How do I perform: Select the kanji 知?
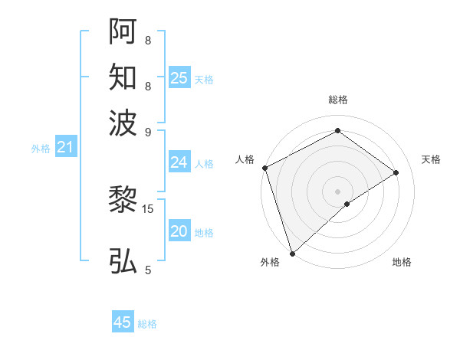pos(123,77)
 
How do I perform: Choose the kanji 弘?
pos(123,260)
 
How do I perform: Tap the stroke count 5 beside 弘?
pos(148,270)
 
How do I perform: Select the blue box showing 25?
pos(179,78)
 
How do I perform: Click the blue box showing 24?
pos(179,162)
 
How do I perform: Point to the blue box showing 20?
pos(179,232)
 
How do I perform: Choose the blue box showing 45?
pos(123,322)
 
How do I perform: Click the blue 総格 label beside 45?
pos(147,324)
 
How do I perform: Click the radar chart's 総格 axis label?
pos(337,100)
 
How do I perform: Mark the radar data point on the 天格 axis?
pos(396,172)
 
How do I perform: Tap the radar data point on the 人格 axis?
pos(264,168)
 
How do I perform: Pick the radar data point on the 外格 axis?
pos(292,253)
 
